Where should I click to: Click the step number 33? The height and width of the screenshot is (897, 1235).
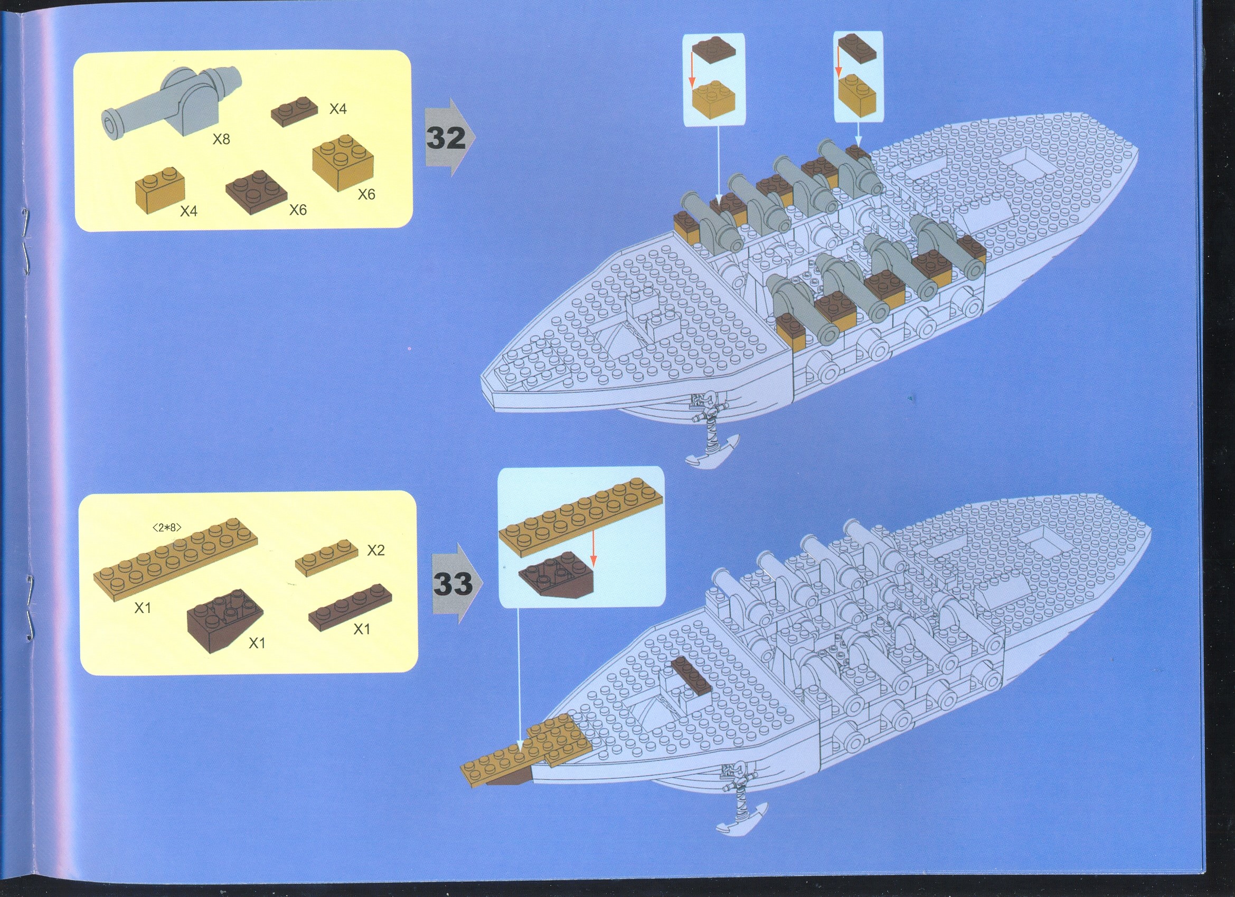click(x=453, y=584)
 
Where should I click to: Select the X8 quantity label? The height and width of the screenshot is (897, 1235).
click(x=221, y=139)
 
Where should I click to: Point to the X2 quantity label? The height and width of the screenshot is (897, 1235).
click(x=376, y=550)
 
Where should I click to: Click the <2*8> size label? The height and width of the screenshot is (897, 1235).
click(x=167, y=527)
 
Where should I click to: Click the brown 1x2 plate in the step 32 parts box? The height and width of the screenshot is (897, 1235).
click(x=295, y=111)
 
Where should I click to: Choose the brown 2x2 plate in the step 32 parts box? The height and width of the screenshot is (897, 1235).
click(x=257, y=193)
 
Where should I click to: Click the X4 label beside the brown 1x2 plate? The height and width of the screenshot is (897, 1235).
click(x=337, y=109)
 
